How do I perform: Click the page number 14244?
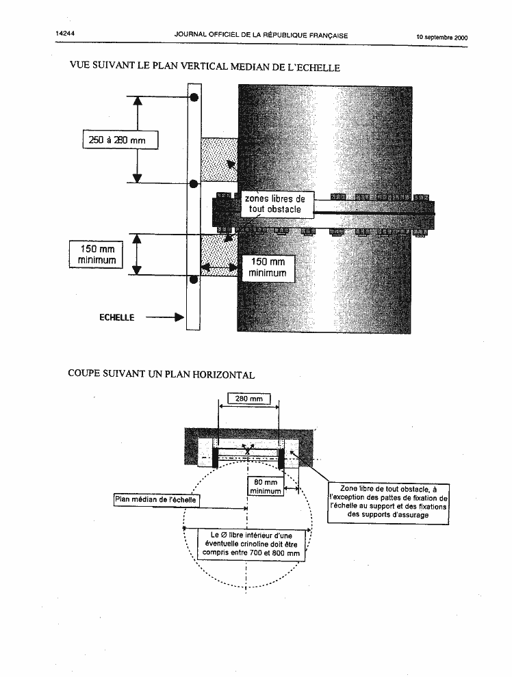(65, 33)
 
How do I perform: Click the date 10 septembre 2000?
(441, 37)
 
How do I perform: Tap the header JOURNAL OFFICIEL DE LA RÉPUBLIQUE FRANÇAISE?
(261, 36)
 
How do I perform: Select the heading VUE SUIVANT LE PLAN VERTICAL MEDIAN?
(205, 66)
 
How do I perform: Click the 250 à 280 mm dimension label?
(120, 140)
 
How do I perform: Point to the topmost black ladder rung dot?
(194, 98)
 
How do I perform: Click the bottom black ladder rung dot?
(194, 280)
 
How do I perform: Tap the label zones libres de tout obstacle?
(275, 204)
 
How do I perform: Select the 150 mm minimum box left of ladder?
(97, 255)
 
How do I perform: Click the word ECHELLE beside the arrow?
(116, 317)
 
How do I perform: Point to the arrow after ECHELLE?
(164, 317)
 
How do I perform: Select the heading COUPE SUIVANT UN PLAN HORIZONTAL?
(161, 374)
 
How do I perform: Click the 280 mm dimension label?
(249, 399)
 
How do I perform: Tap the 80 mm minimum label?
(266, 487)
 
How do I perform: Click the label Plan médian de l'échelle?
(155, 500)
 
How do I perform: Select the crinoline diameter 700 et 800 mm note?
(251, 544)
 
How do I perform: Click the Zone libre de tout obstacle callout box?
(388, 503)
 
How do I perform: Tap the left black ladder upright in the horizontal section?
(215, 457)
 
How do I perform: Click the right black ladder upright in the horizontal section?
(281, 459)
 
